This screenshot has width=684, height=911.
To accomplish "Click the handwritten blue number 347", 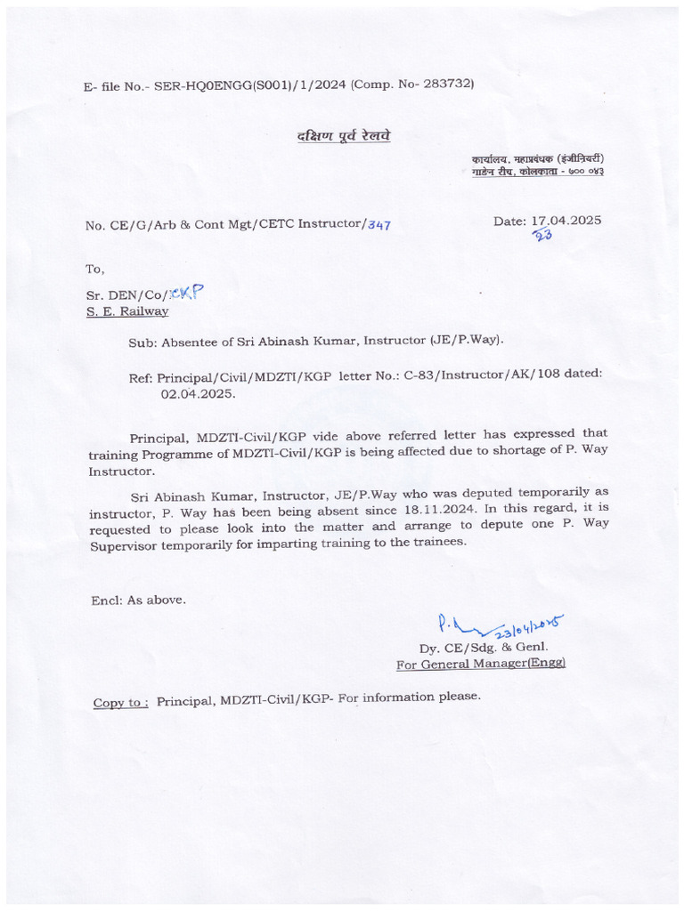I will coord(379,225).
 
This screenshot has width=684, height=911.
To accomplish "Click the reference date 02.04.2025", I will coord(198,392).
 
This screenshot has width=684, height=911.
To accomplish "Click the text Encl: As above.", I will coord(139,600).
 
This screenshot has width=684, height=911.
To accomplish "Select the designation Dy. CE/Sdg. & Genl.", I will coord(484,647).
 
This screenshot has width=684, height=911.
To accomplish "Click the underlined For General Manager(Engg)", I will coord(481,664).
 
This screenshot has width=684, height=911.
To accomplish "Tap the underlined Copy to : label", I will coord(121,703).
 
